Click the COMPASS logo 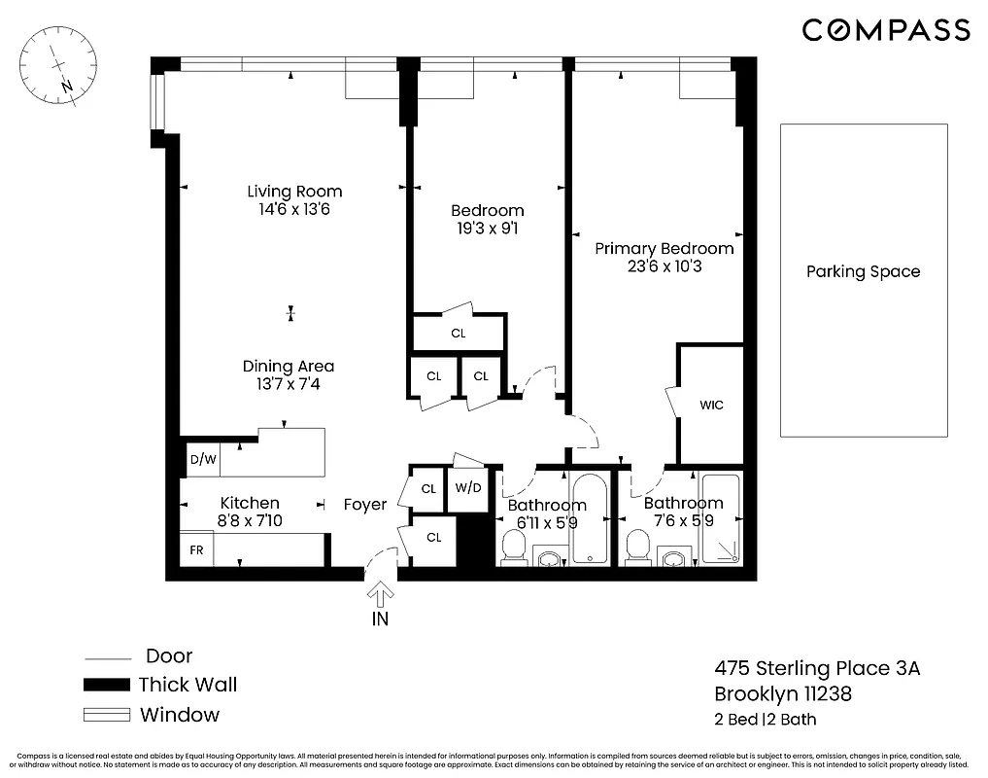885,30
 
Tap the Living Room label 294,192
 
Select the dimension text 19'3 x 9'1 488,229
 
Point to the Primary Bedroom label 664,248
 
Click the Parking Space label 863,271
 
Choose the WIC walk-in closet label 711,405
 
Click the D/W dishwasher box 202,460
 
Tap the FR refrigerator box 196,549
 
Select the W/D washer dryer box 468,488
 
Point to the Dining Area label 289,367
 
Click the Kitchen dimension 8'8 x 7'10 250,521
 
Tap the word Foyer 365,505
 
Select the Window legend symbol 107,715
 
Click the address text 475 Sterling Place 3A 816,668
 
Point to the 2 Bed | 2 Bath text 766,720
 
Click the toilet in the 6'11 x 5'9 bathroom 512,549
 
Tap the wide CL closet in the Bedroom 459,333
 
